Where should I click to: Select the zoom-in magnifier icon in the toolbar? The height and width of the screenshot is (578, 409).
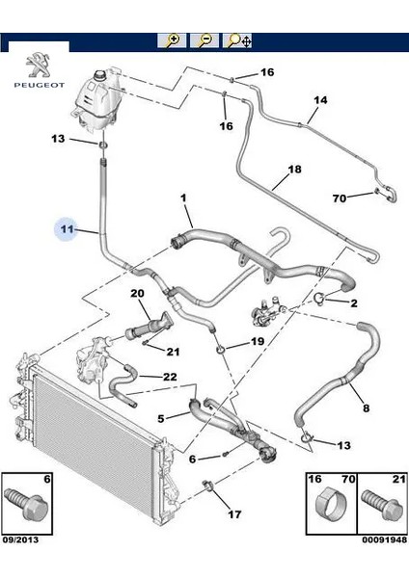(x=173, y=40)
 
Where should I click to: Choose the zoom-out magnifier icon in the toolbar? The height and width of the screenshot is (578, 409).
(x=204, y=40)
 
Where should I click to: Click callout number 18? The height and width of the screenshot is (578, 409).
(x=294, y=169)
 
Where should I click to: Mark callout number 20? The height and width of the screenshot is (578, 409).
(x=137, y=293)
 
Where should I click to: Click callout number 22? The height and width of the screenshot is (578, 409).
(x=169, y=376)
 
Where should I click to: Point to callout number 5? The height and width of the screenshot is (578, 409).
(x=161, y=417)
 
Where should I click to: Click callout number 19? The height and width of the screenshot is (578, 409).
(x=258, y=342)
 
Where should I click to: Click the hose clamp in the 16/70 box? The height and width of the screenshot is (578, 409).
(x=326, y=505)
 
